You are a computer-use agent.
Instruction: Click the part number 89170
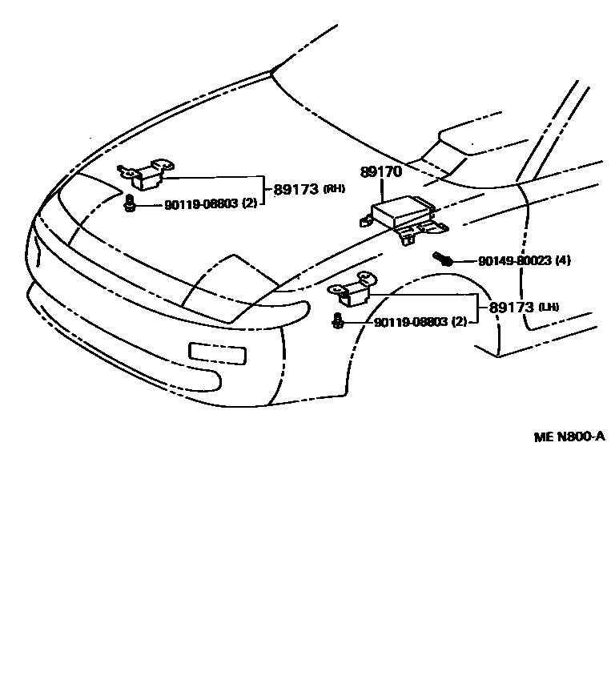pyautogui.click(x=381, y=172)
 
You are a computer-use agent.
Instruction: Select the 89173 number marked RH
pyautogui.click(x=295, y=190)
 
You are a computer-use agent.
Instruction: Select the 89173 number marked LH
pyautogui.click(x=512, y=307)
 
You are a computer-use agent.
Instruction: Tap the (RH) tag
pyautogui.click(x=335, y=190)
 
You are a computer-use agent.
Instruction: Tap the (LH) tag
pyautogui.click(x=549, y=307)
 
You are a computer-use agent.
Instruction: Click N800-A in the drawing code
pyautogui.click(x=581, y=437)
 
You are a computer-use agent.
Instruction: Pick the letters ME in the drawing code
pyautogui.click(x=544, y=437)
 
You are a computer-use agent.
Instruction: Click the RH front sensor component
pyautogui.click(x=147, y=175)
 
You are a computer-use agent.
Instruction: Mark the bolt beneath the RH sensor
pyautogui.click(x=129, y=206)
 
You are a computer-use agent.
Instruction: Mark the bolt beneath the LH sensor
pyautogui.click(x=339, y=322)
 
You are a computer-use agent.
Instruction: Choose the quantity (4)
pyautogui.click(x=563, y=261)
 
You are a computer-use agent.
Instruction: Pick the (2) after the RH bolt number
pyautogui.click(x=250, y=205)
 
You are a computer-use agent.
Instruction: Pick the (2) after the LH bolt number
pyautogui.click(x=460, y=322)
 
